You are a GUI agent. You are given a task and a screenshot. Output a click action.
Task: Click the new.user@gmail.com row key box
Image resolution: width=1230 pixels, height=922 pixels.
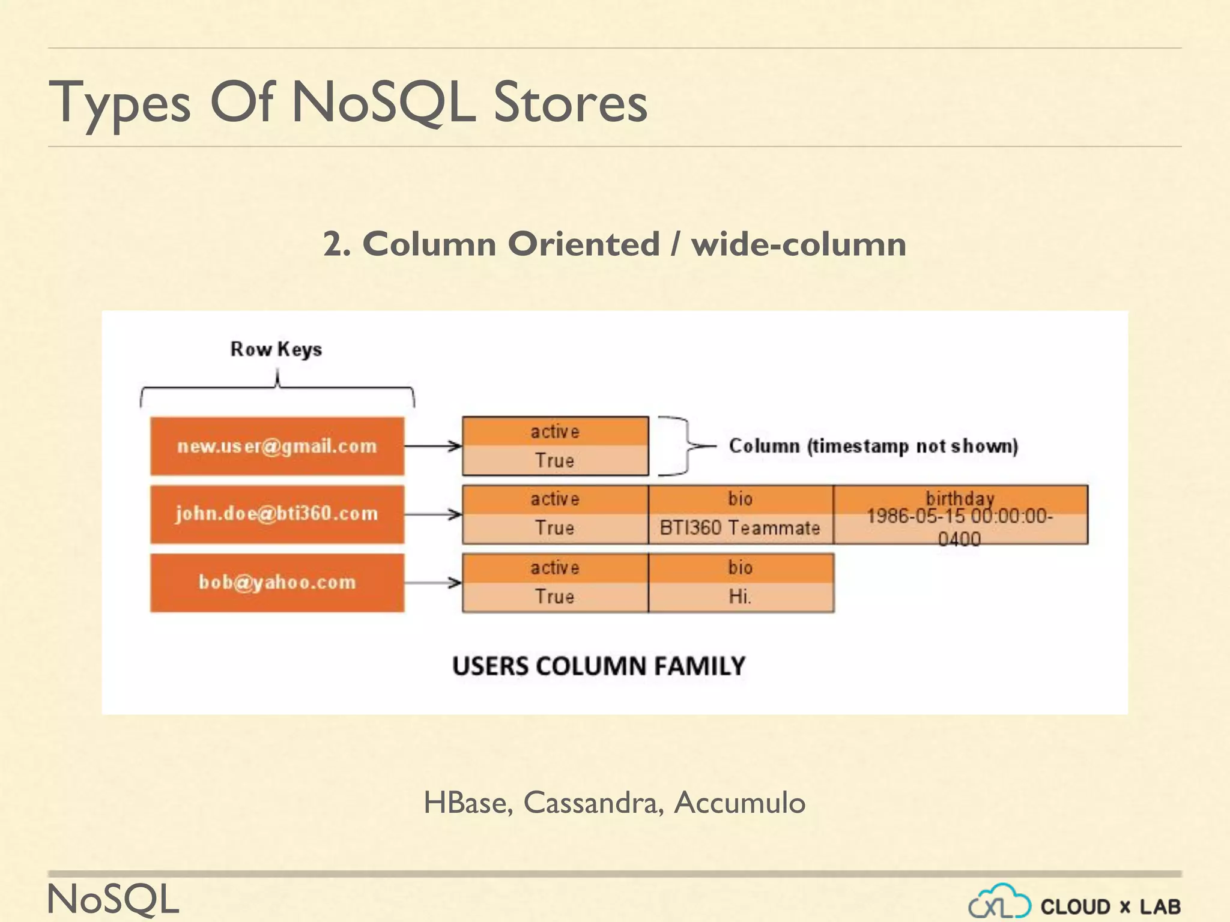[x=277, y=446]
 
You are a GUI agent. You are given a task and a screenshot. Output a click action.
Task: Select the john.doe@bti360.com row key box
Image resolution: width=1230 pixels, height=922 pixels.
[x=277, y=514]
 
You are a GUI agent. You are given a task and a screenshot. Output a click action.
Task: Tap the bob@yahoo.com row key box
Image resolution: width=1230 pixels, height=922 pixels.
[x=277, y=582]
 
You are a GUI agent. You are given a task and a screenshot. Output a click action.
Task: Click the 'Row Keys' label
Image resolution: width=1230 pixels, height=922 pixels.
[x=276, y=349]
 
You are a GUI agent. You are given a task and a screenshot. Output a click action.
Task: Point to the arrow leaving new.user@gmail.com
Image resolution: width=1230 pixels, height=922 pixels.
[x=432, y=446]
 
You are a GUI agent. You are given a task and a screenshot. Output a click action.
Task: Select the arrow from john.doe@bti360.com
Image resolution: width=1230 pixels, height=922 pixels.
[x=432, y=514]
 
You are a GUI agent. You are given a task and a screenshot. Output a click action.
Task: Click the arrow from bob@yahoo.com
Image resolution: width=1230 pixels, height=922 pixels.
[x=432, y=582]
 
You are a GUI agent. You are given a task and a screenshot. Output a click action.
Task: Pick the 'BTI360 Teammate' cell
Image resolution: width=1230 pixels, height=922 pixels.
[x=740, y=528]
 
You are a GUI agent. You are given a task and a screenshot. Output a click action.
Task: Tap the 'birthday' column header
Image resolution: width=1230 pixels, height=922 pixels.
[x=960, y=498]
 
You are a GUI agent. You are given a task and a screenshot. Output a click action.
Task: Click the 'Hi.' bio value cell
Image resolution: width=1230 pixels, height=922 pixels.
[x=740, y=597]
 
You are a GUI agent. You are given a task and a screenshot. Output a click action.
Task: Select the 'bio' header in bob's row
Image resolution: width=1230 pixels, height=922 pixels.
[x=740, y=568]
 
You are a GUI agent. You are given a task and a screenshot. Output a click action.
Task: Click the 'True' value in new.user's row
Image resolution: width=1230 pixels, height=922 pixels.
[x=555, y=461]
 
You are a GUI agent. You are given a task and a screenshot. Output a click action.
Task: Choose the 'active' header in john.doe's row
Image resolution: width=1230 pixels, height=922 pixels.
[x=555, y=499]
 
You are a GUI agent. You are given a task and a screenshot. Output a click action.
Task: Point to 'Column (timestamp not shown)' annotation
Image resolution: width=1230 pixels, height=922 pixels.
[x=873, y=446]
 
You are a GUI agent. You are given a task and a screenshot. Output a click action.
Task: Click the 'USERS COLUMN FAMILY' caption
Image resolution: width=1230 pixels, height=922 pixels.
[x=599, y=666]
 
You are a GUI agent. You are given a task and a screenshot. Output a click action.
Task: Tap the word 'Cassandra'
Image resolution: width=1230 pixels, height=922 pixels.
[x=593, y=803]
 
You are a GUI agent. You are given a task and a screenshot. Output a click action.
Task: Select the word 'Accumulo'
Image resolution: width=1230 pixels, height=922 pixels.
[x=739, y=803]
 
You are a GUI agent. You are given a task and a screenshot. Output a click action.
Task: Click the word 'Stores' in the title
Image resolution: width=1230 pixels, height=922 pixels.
[x=571, y=103]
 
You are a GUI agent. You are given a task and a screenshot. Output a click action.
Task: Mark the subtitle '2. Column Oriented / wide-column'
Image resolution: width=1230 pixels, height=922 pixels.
[x=614, y=244]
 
